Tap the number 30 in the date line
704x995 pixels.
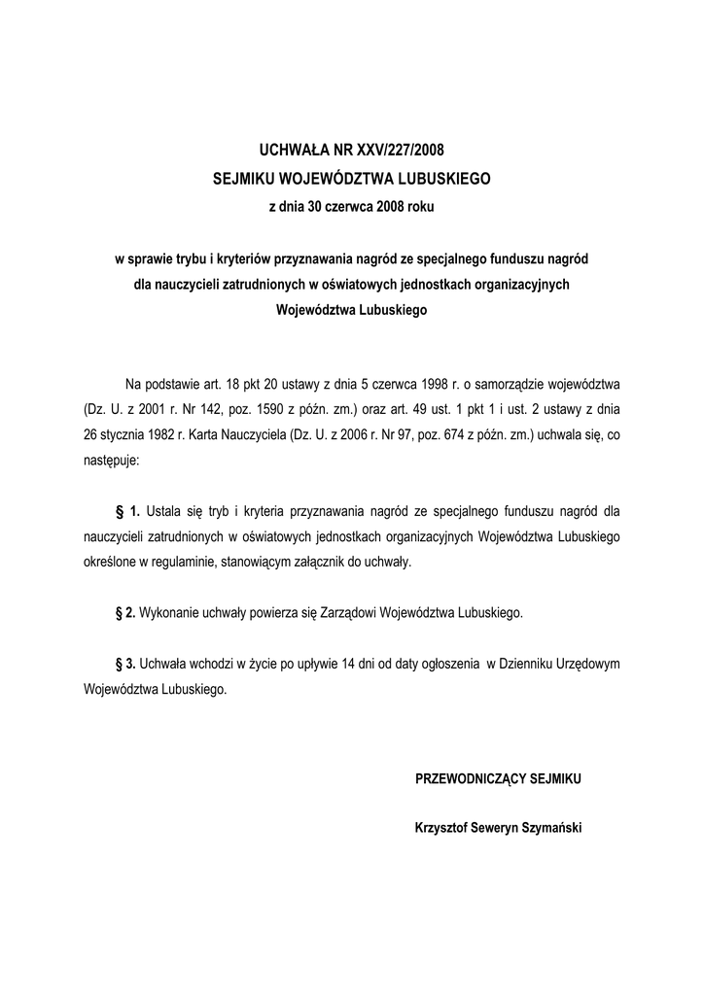pyautogui.click(x=316, y=207)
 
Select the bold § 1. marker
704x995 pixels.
pyautogui.click(x=128, y=509)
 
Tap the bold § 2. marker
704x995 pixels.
pyautogui.click(x=125, y=613)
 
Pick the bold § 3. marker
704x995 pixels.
pyautogui.click(x=125, y=664)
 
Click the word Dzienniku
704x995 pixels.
pyautogui.click(x=530, y=664)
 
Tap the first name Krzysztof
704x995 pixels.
pyautogui.click(x=442, y=829)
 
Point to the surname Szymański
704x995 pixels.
pyautogui.click(x=549, y=829)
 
